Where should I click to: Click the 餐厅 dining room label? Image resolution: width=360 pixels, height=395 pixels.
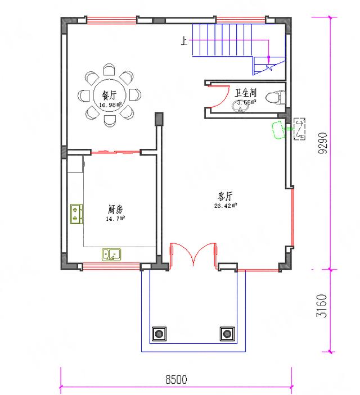tap(109, 95)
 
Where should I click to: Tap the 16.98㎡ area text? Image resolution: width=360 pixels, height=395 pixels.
tap(111, 105)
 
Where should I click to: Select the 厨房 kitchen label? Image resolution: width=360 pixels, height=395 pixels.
tap(115, 210)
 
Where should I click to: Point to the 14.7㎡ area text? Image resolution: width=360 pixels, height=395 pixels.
tap(115, 219)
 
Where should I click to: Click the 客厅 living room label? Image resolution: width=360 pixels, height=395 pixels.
tap(225, 197)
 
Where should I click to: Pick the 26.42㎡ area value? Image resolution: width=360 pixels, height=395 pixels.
tap(225, 206)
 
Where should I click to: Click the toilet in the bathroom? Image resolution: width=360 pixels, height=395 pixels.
tap(273, 97)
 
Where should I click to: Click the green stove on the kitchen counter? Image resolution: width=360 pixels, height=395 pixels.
tap(76, 214)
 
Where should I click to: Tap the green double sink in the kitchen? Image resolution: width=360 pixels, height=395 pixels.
tap(111, 255)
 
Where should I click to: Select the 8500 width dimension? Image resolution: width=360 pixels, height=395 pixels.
tap(175, 380)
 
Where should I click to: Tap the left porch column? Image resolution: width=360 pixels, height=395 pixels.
tap(159, 334)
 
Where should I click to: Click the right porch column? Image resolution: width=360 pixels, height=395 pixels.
tap(227, 334)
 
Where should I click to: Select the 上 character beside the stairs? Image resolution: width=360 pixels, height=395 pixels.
tap(183, 41)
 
